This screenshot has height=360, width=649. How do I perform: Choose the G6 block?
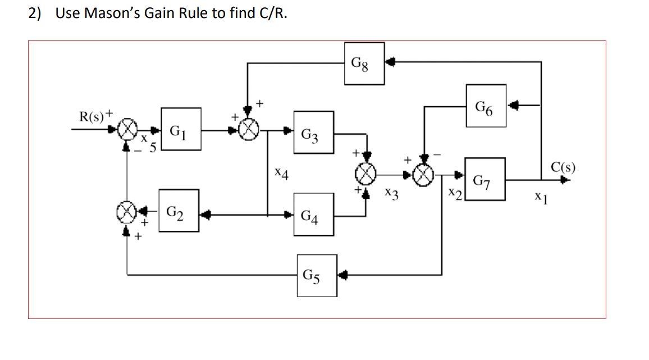(x=486, y=104)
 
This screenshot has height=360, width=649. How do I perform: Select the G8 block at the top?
(x=364, y=63)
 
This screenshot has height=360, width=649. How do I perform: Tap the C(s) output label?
(x=563, y=167)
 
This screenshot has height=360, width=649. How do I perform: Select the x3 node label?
(x=391, y=194)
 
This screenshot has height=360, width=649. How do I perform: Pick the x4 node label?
(x=282, y=175)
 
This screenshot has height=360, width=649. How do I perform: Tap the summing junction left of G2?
(x=127, y=212)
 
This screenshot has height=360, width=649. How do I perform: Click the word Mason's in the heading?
(x=118, y=13)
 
